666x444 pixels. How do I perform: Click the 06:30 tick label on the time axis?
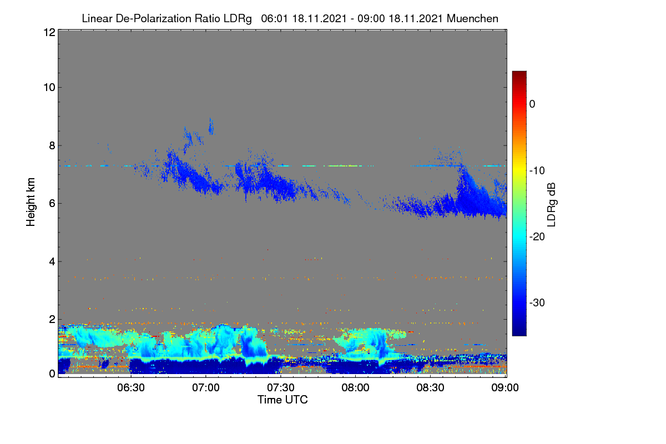coord(131,387)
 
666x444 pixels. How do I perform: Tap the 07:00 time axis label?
coord(206,387)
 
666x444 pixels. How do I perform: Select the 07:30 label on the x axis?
coord(281,387)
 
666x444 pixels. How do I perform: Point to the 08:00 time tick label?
coord(355,387)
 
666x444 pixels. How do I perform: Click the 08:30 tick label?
coord(430,387)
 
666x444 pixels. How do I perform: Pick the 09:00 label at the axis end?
coord(505,387)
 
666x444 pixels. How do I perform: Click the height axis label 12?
coord(49,32)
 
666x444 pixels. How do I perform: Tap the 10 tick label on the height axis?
coord(49,88)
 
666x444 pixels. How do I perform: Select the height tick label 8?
coord(52,146)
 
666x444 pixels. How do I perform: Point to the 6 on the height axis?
coord(52,204)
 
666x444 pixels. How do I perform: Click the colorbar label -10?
coord(537,171)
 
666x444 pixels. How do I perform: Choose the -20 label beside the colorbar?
coord(537,237)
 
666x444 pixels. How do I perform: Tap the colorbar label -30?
coord(537,302)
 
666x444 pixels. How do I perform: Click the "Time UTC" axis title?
coord(282,400)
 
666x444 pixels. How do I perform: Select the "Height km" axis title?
coord(31,202)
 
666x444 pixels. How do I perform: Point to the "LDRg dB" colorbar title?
coord(552,205)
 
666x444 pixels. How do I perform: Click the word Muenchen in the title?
coord(472,18)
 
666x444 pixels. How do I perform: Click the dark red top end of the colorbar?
coord(519,72)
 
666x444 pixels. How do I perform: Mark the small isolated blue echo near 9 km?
coord(211,127)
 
